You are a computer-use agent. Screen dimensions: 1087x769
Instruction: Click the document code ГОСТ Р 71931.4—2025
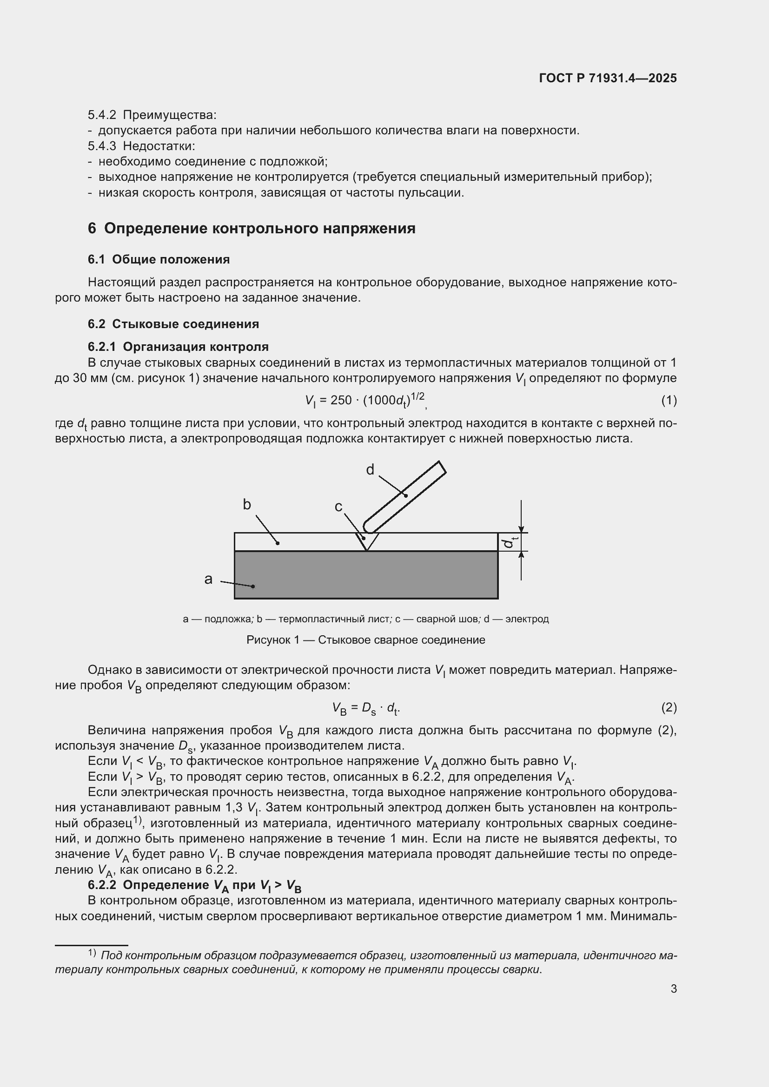(608, 79)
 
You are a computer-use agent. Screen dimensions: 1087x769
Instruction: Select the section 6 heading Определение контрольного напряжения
(252, 229)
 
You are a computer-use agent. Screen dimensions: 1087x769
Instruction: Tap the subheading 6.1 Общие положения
(159, 259)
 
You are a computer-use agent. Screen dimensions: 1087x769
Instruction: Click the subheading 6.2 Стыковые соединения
(173, 324)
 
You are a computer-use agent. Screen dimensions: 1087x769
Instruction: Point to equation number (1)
(669, 401)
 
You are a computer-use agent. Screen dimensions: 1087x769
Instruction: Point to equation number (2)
(669, 707)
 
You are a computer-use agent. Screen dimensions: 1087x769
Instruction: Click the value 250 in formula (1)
(341, 401)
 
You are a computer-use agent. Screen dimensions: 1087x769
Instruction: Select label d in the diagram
(370, 470)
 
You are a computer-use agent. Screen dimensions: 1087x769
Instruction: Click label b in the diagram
(247, 505)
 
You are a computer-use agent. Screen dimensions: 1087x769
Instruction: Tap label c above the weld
(338, 507)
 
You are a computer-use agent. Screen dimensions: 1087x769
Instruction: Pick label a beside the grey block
(208, 579)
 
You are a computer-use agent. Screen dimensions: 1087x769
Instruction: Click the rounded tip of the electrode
(368, 527)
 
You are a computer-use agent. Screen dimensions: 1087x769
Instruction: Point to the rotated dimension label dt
(510, 541)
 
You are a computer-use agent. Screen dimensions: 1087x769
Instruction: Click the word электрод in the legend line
(527, 619)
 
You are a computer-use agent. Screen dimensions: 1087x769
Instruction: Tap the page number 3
(673, 989)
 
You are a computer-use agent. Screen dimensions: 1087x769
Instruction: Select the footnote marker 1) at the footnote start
(92, 953)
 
